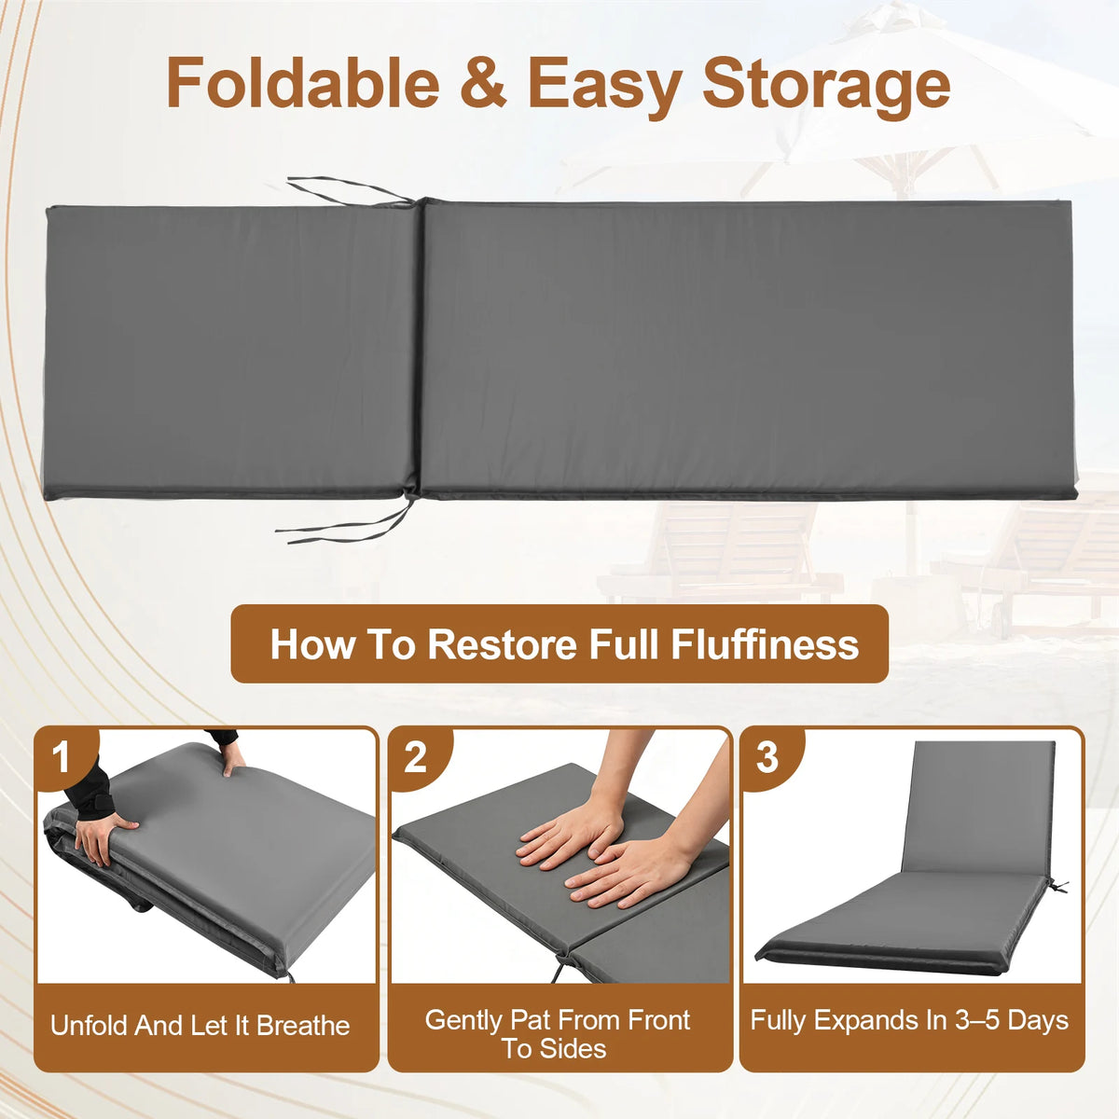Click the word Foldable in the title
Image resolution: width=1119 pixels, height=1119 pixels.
tap(302, 81)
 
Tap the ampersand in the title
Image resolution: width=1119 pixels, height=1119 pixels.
tap(483, 82)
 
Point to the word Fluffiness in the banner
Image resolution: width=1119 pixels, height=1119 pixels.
tap(765, 644)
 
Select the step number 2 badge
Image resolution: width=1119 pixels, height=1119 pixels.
tap(416, 757)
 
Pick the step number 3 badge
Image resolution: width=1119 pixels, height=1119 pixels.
tap(767, 757)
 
